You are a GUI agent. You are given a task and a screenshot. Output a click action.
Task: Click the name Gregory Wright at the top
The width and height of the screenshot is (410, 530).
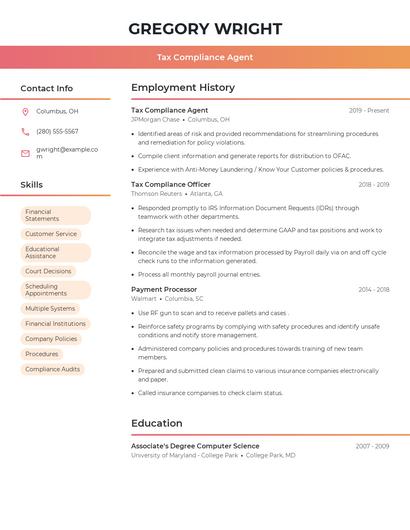tap(204, 28)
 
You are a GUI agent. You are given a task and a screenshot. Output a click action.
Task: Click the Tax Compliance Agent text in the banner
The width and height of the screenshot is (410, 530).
tap(204, 57)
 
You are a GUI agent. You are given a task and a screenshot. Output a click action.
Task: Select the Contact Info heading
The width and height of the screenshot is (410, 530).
tap(47, 88)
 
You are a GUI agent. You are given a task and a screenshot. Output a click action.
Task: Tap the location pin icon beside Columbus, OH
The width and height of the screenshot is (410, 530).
tap(25, 111)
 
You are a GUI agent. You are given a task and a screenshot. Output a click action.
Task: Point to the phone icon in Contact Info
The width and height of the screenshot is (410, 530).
tap(25, 131)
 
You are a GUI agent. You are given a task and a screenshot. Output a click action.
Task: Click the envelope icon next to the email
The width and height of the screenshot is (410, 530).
tap(25, 153)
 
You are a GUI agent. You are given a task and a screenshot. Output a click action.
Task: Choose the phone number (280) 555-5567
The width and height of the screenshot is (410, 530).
tap(57, 131)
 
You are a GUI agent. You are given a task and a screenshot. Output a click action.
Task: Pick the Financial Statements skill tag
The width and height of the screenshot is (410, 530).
tap(55, 215)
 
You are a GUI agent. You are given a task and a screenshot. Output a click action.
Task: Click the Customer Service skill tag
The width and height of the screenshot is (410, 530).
tap(51, 234)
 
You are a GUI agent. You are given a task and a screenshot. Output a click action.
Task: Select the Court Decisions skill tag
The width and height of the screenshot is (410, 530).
tap(48, 271)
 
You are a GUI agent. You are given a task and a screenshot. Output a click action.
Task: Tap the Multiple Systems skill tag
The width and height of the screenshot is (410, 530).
tap(50, 308)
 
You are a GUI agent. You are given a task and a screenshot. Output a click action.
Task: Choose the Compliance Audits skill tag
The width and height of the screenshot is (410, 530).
tap(52, 369)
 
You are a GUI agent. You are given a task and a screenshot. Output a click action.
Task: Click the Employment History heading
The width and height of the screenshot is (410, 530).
tap(183, 88)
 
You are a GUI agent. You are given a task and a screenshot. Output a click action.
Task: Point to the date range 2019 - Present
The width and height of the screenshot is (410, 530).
tap(369, 110)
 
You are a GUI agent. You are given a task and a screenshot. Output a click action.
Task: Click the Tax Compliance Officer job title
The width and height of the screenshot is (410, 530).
tap(171, 184)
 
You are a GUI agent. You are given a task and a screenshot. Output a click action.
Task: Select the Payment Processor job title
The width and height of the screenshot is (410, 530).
tap(164, 289)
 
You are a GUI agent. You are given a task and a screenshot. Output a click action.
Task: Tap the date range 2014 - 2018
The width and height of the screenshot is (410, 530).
tap(374, 289)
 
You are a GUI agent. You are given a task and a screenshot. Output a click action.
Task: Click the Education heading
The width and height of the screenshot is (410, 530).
tap(157, 423)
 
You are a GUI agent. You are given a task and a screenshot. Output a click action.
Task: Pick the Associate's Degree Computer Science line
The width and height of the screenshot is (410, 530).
tap(195, 446)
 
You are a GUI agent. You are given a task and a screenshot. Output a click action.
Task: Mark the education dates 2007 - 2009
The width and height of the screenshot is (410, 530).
tap(372, 446)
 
